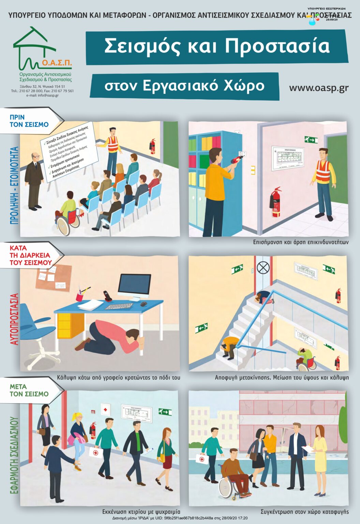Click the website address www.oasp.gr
[x=318, y=88]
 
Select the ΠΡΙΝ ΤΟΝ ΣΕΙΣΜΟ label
[x=29, y=121]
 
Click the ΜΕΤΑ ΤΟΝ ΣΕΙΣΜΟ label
[x=29, y=390]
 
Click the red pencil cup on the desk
[x=80, y=297]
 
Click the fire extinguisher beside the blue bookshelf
[x=275, y=202]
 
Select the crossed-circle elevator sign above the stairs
[x=263, y=268]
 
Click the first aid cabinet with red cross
[x=105, y=409]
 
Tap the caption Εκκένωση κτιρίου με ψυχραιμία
[x=141, y=512]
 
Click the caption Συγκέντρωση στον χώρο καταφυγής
[x=304, y=512]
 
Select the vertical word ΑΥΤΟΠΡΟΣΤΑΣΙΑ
[x=14, y=319]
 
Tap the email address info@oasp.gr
[x=42, y=96]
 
